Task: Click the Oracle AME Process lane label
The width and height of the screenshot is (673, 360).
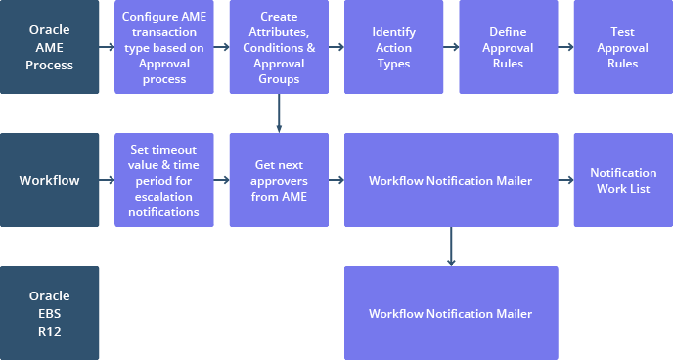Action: pyautogui.click(x=50, y=47)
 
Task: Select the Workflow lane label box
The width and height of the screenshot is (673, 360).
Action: pyautogui.click(x=50, y=180)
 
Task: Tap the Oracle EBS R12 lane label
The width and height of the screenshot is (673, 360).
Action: pyautogui.click(x=50, y=313)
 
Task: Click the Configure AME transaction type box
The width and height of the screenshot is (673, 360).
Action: pyautogui.click(x=164, y=47)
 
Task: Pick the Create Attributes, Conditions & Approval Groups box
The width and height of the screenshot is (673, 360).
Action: pyautogui.click(x=279, y=47)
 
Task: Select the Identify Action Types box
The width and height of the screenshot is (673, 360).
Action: pyautogui.click(x=393, y=47)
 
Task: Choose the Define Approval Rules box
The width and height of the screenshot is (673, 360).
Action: pyautogui.click(x=508, y=47)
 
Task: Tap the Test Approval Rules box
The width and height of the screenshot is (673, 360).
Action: pyautogui.click(x=622, y=47)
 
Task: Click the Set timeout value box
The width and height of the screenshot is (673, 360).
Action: pyautogui.click(x=164, y=180)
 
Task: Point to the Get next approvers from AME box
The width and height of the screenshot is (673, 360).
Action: pyautogui.click(x=279, y=180)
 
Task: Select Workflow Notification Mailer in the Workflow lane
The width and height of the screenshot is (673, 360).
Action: pyautogui.click(x=451, y=180)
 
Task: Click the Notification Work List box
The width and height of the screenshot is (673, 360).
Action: pyautogui.click(x=622, y=180)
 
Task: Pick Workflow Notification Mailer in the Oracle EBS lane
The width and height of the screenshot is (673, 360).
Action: pyautogui.click(x=451, y=313)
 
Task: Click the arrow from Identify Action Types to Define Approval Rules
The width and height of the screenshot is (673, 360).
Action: pyautogui.click(x=450, y=47)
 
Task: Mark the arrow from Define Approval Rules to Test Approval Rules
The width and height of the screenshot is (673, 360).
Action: pyautogui.click(x=565, y=47)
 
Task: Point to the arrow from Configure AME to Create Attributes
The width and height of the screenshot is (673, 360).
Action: pyautogui.click(x=221, y=47)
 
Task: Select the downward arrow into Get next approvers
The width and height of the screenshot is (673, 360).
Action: pyautogui.click(x=279, y=113)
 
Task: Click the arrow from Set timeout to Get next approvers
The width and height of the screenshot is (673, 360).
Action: pyautogui.click(x=221, y=180)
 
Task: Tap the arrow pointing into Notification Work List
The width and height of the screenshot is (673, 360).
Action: pyautogui.click(x=565, y=180)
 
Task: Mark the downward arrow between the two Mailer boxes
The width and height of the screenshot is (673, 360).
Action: pyautogui.click(x=451, y=247)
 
